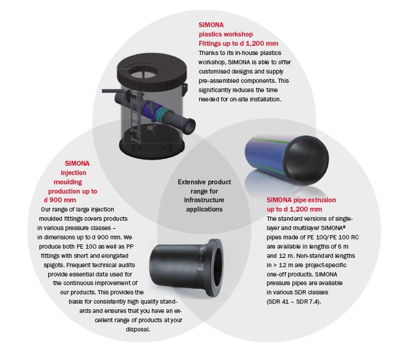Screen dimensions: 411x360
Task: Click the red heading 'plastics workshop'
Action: (226, 35)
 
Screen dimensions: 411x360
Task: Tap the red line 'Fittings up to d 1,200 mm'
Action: (239, 43)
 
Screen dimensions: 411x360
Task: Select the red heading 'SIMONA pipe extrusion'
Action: (301, 200)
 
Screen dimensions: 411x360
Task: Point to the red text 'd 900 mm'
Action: (60, 200)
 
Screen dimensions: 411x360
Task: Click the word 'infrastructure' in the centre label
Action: (204, 200)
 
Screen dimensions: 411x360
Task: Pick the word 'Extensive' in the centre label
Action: (192, 182)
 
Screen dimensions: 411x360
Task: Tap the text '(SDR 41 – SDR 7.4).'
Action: (294, 302)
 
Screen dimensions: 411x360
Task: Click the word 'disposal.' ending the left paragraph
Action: (138, 330)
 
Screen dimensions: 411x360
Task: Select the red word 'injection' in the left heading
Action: (74, 173)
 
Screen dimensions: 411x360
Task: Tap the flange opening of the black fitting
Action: (217, 265)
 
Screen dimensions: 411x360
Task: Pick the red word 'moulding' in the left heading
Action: (67, 182)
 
